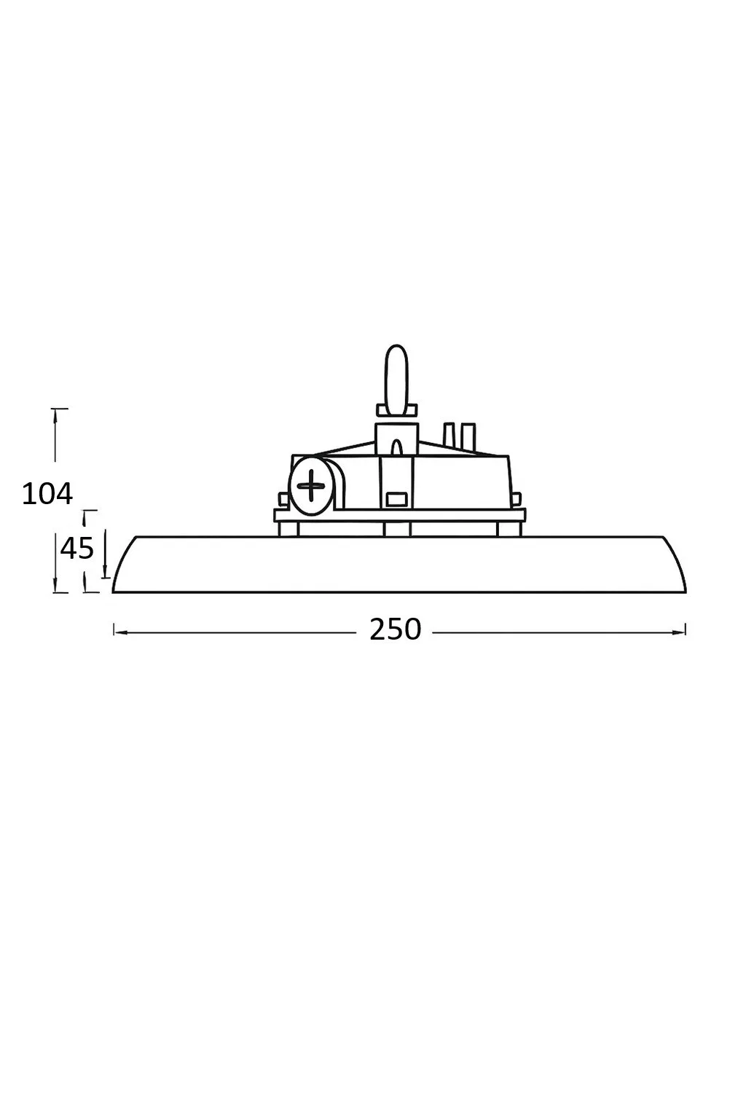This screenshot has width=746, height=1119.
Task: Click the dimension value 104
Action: click(47, 494)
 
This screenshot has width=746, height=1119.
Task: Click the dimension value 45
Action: click(76, 548)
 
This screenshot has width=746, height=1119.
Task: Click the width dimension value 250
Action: click(395, 629)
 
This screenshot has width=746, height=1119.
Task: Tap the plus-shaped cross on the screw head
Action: click(312, 485)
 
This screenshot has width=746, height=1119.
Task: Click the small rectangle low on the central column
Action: click(396, 500)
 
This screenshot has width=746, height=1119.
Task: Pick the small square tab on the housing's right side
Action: click(517, 499)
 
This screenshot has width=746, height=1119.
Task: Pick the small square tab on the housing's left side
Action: click(283, 499)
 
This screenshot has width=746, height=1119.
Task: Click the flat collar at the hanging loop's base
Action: click(396, 411)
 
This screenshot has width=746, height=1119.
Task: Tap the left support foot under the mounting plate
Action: click(288, 529)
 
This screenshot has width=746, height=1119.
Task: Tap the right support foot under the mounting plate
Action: click(509, 529)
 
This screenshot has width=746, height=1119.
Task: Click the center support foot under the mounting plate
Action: click(396, 529)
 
